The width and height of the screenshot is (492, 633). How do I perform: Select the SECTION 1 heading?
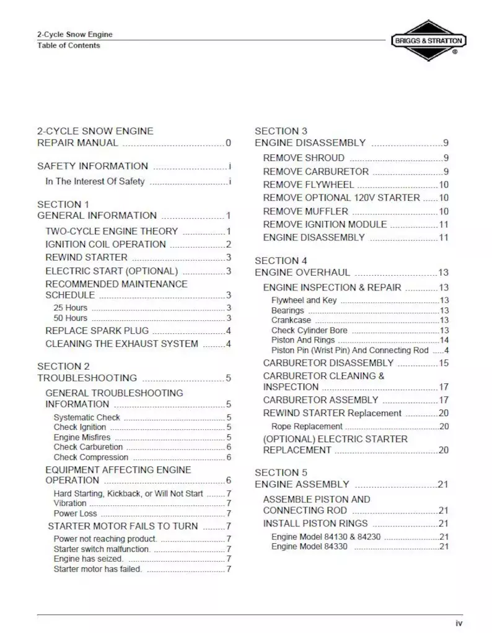63,204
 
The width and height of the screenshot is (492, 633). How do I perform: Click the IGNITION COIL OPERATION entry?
105,244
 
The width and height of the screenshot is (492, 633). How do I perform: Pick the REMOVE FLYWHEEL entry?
308,185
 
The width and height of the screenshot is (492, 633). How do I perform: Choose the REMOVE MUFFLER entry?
305,211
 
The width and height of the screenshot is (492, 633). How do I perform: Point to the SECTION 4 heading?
281,261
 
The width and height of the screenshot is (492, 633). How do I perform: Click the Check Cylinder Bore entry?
309,330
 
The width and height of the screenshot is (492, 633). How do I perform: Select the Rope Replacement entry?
307,426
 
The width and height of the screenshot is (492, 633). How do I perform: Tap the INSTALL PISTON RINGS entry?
315,523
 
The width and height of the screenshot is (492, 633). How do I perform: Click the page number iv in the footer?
459,622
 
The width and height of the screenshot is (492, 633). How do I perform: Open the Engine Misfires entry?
82,437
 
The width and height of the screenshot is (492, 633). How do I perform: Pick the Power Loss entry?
75,513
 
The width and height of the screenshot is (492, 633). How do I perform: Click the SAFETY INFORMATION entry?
92,166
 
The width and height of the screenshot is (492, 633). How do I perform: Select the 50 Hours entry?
71,318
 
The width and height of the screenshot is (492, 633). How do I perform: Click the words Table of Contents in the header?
68,45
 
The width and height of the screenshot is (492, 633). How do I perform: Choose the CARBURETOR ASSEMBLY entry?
320,400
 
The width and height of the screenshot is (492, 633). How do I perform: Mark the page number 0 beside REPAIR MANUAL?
228,143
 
